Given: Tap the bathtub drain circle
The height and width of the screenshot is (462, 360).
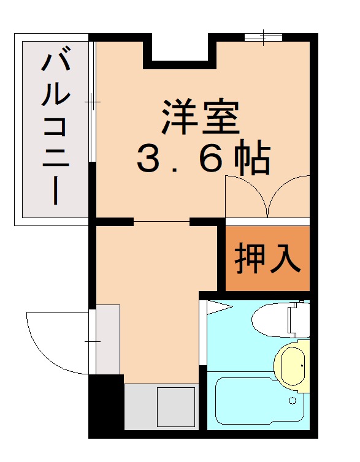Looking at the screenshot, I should (x=293, y=401).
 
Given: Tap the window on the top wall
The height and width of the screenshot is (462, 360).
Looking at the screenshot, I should (x=263, y=37).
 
